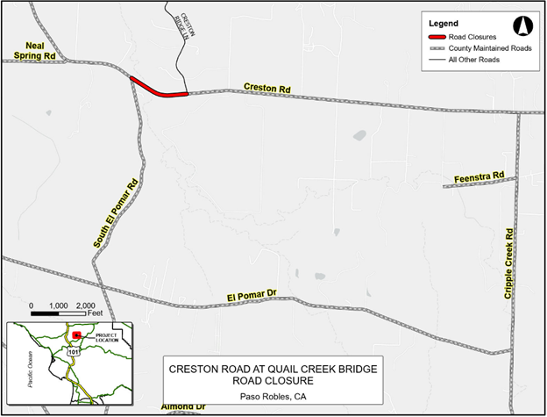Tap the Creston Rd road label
(267, 89)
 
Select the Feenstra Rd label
(480, 178)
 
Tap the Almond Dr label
(183, 408)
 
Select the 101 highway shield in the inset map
(69, 349)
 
